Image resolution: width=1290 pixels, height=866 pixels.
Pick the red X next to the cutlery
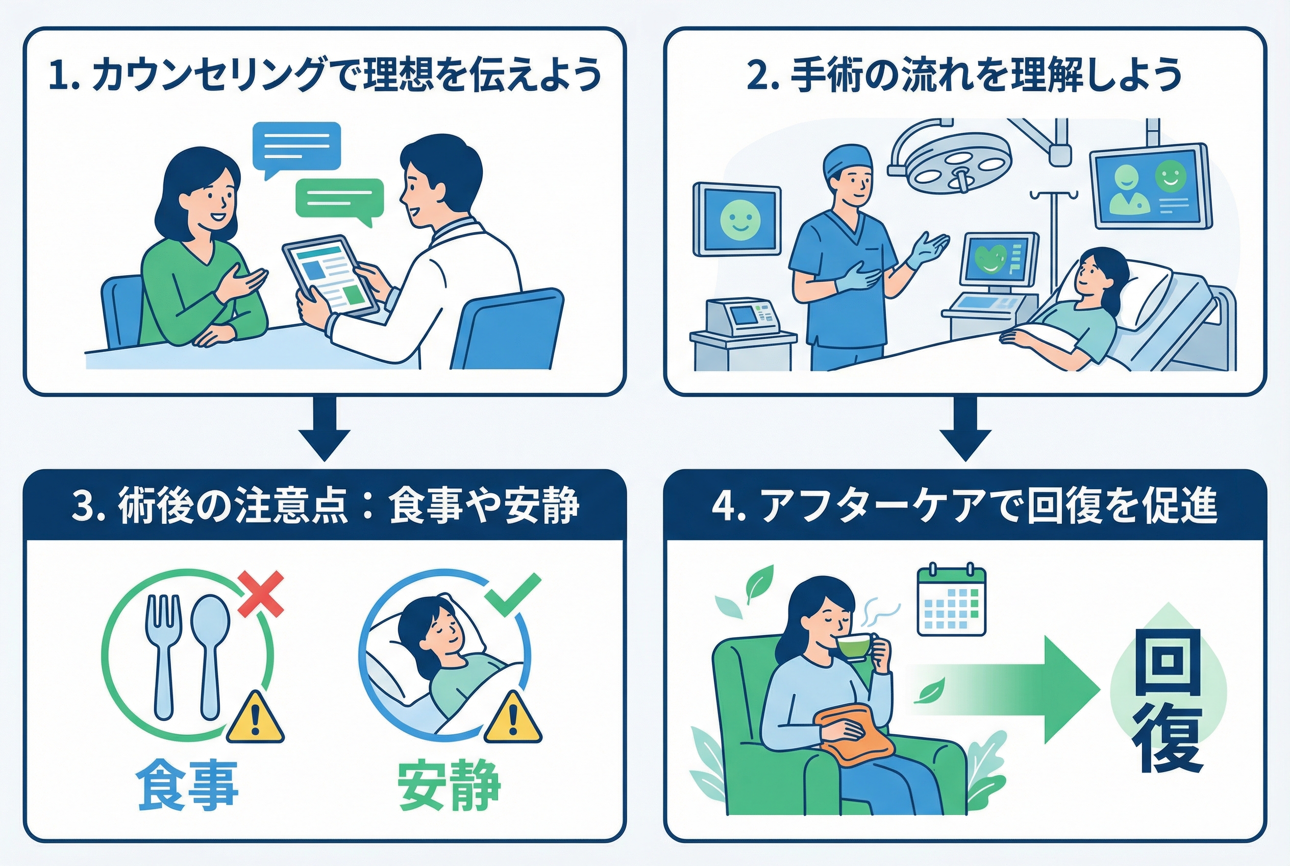pos(261,594)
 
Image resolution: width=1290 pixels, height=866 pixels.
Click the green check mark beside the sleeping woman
pos(513,595)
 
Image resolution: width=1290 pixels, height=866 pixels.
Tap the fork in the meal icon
pos(162,655)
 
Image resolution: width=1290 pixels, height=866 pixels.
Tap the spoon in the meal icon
pos(210,655)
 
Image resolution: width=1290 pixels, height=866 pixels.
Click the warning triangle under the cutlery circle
pos(255,718)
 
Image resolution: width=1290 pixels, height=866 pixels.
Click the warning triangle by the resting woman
pos(513,718)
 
